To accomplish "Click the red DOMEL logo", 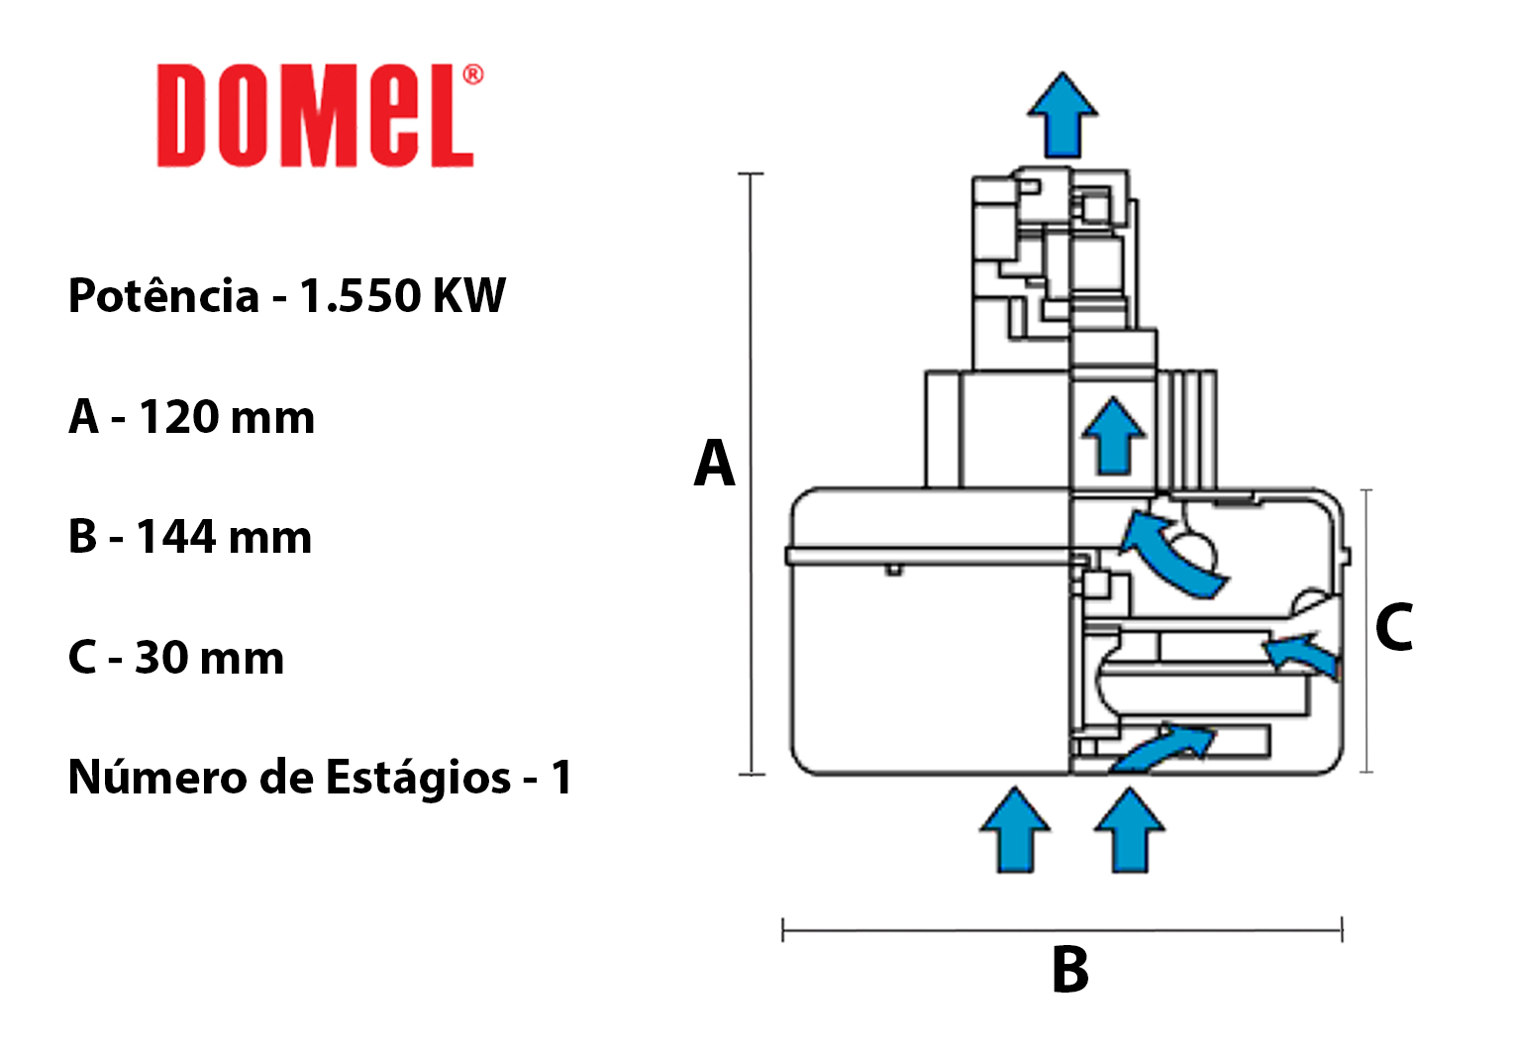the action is pos(316,115).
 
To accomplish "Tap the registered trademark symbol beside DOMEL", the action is pos(473,74).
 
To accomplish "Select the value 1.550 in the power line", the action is pos(360,296).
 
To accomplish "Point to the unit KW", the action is pos(469,296).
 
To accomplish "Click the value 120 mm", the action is pos(227,416).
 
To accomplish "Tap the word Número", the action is pos(157,777).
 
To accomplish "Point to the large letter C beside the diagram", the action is pos(1394,627).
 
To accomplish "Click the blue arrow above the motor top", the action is pos(1063,115).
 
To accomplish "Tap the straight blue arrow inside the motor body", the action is pos(1114,435).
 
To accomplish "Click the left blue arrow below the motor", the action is pos(1015,830).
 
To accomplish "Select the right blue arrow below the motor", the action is pos(1130,830).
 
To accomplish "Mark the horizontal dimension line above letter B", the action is pos(1062,929).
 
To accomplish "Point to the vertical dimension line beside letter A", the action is pos(752,474).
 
